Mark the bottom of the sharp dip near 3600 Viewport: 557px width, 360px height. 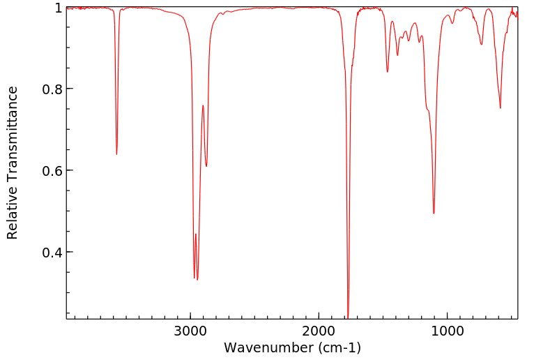(116, 154)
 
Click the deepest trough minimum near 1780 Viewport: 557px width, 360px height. (348, 315)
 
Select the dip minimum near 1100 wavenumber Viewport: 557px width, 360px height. (434, 213)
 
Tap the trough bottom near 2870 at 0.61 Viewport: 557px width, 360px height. (206, 166)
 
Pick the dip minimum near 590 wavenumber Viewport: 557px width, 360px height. (500, 107)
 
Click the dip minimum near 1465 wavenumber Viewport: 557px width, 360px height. (388, 71)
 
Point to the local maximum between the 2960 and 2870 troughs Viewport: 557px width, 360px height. (203, 105)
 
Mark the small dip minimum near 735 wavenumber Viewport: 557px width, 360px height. (481, 45)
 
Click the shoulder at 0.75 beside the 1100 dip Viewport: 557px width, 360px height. (427, 109)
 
